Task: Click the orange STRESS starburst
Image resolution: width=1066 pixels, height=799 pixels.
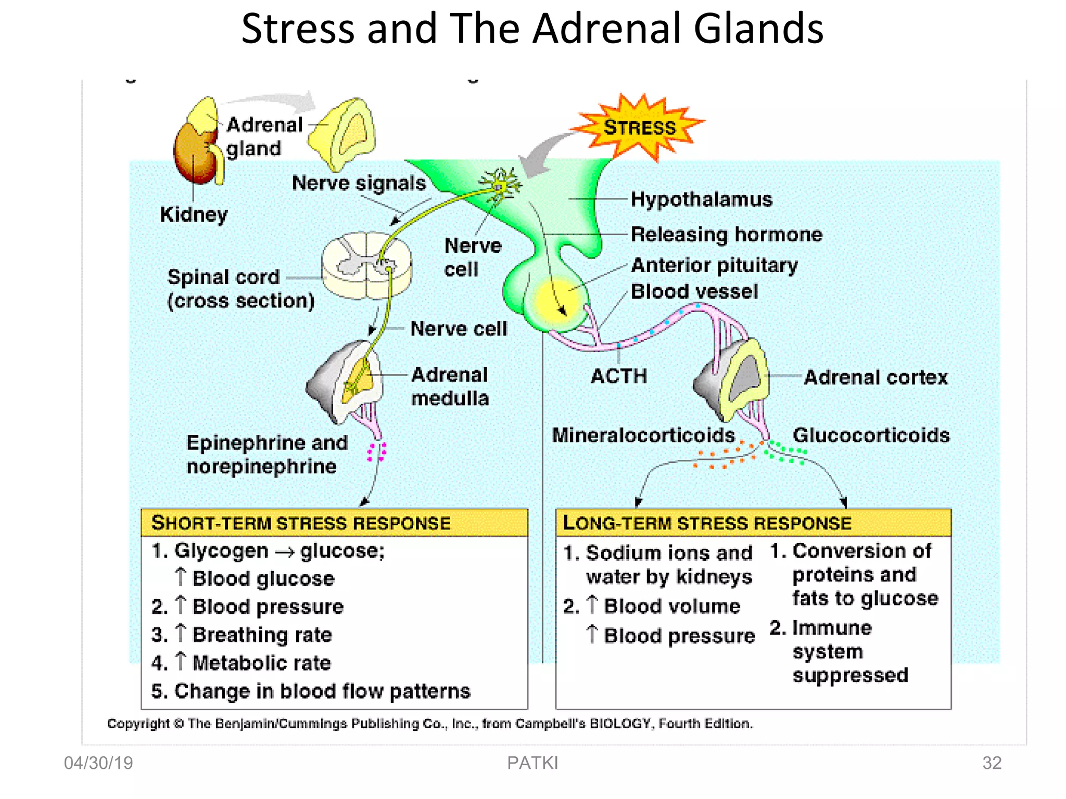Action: click(639, 127)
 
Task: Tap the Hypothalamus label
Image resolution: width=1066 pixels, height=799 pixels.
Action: click(701, 200)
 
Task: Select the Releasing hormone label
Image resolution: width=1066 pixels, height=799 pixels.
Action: click(726, 235)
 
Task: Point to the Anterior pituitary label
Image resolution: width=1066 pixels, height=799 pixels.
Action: click(714, 265)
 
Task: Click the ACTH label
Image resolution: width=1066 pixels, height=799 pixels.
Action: click(619, 376)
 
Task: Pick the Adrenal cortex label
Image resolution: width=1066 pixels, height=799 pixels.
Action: click(875, 377)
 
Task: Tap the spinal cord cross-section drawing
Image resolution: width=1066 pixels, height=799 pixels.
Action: click(366, 265)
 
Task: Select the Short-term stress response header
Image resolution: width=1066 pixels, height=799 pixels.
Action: click(301, 523)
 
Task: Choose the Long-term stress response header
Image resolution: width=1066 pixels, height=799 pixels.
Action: click(707, 523)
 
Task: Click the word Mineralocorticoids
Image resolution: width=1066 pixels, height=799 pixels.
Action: click(643, 435)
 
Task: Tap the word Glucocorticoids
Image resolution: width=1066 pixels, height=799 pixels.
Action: click(871, 435)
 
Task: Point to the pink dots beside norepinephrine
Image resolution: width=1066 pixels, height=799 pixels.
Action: click(376, 452)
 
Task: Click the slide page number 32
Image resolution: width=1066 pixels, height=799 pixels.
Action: click(992, 763)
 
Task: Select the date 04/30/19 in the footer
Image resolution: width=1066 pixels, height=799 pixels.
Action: click(98, 763)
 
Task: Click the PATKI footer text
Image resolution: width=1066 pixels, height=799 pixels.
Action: click(532, 763)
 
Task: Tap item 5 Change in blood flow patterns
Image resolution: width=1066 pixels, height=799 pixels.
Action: click(311, 691)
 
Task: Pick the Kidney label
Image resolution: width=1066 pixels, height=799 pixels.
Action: click(194, 214)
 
